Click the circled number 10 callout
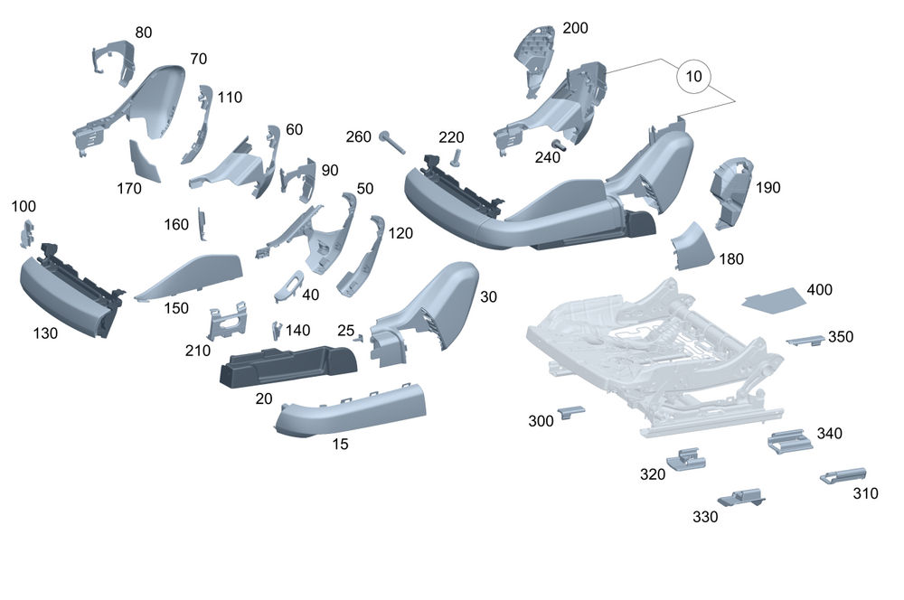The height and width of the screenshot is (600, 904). [693, 78]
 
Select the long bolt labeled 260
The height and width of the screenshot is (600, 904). [393, 142]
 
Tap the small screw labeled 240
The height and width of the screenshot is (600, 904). [558, 144]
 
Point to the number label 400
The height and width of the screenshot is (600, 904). [819, 290]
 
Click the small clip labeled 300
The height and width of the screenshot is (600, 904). [571, 412]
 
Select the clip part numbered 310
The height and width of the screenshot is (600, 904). [843, 475]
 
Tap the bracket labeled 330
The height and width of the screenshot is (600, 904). [741, 496]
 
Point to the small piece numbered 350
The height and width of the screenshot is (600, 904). [806, 339]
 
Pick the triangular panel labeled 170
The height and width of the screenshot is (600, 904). [143, 161]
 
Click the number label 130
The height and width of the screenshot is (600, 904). [45, 333]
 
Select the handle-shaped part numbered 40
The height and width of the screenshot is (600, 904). [289, 286]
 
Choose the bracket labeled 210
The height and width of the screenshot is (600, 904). [227, 324]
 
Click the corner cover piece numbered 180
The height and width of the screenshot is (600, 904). [693, 245]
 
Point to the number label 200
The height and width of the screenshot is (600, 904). [575, 28]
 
